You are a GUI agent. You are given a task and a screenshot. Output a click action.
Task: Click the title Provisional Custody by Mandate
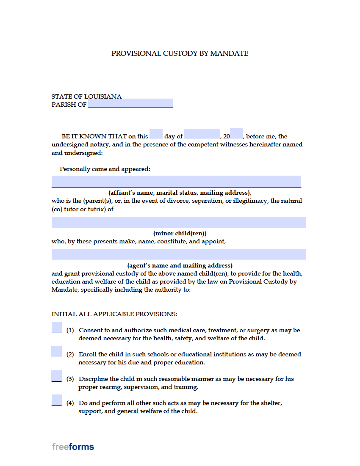click(180, 53)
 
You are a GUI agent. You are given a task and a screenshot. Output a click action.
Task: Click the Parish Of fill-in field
click(130, 103)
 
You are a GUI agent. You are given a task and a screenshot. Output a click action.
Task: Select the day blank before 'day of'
click(156, 134)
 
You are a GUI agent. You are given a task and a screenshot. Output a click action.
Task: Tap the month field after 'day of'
click(202, 134)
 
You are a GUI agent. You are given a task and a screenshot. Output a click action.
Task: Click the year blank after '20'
click(236, 134)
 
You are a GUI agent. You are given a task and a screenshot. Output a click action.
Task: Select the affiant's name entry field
click(176, 182)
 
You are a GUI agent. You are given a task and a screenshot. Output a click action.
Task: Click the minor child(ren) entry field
click(179, 222)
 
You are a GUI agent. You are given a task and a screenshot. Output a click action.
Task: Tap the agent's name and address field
click(179, 254)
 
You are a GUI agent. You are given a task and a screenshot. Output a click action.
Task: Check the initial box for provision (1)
click(56, 328)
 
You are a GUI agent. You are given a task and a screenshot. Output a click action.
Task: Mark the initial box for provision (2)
click(56, 352)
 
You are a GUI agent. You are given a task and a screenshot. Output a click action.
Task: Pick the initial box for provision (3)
click(56, 376)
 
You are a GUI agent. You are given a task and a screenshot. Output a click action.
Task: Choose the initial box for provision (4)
click(56, 400)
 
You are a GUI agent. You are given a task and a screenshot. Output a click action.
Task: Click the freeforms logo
click(73, 447)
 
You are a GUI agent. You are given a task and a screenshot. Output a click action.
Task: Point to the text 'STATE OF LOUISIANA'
click(86, 97)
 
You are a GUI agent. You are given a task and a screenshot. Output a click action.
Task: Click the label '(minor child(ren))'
click(180, 233)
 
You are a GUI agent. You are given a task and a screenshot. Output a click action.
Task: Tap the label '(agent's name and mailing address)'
click(180, 265)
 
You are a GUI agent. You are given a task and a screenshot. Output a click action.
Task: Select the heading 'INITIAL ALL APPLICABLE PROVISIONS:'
click(114, 314)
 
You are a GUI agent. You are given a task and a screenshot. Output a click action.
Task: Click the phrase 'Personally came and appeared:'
click(105, 169)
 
